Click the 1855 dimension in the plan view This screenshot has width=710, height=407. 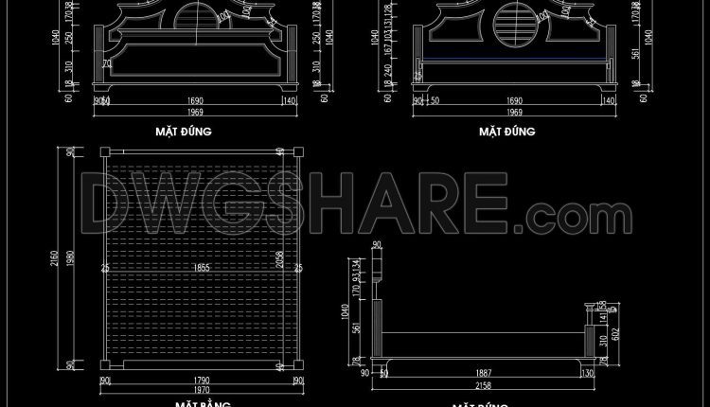click(201, 268)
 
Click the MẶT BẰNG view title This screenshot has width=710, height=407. click(201, 404)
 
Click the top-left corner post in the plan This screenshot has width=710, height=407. click(105, 151)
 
